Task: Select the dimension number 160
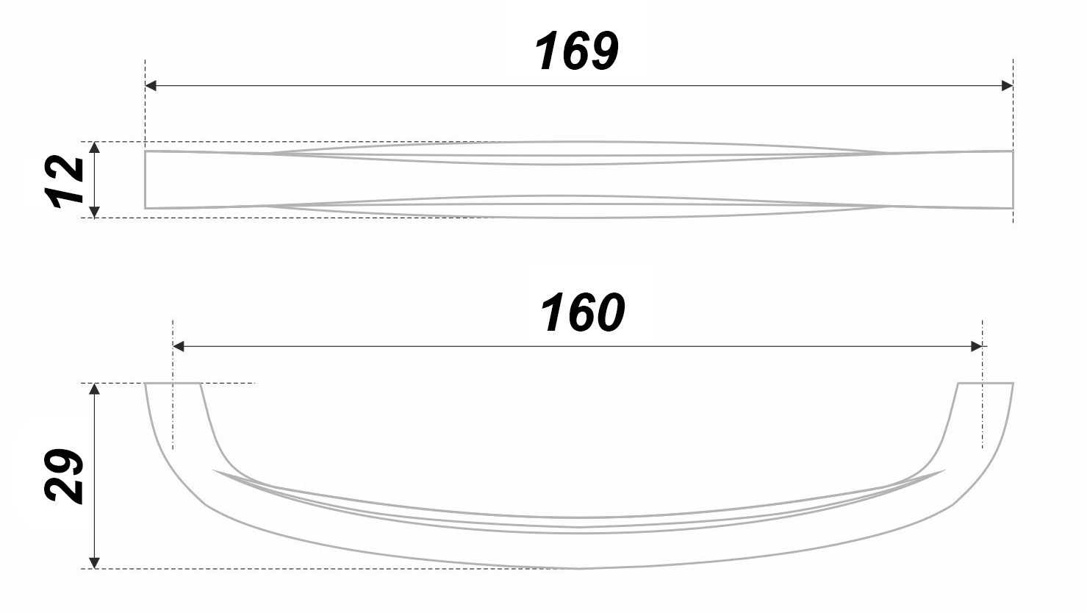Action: pos(582,313)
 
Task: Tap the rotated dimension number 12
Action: pos(65,180)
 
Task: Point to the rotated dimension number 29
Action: pos(64,476)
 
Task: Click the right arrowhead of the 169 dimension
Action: pos(1007,86)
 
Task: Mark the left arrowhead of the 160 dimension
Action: pos(179,346)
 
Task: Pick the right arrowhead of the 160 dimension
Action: pos(977,346)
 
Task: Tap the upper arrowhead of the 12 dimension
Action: pos(94,148)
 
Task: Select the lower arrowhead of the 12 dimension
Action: pos(94,212)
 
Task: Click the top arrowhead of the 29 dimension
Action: pos(94,390)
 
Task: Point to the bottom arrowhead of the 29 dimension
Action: pos(94,562)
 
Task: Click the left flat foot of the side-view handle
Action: pos(173,384)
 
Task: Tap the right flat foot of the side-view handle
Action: pos(985,384)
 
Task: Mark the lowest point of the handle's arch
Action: pos(579,568)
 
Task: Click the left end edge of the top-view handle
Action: pos(146,180)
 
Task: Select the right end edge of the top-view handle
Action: pos(1013,180)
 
